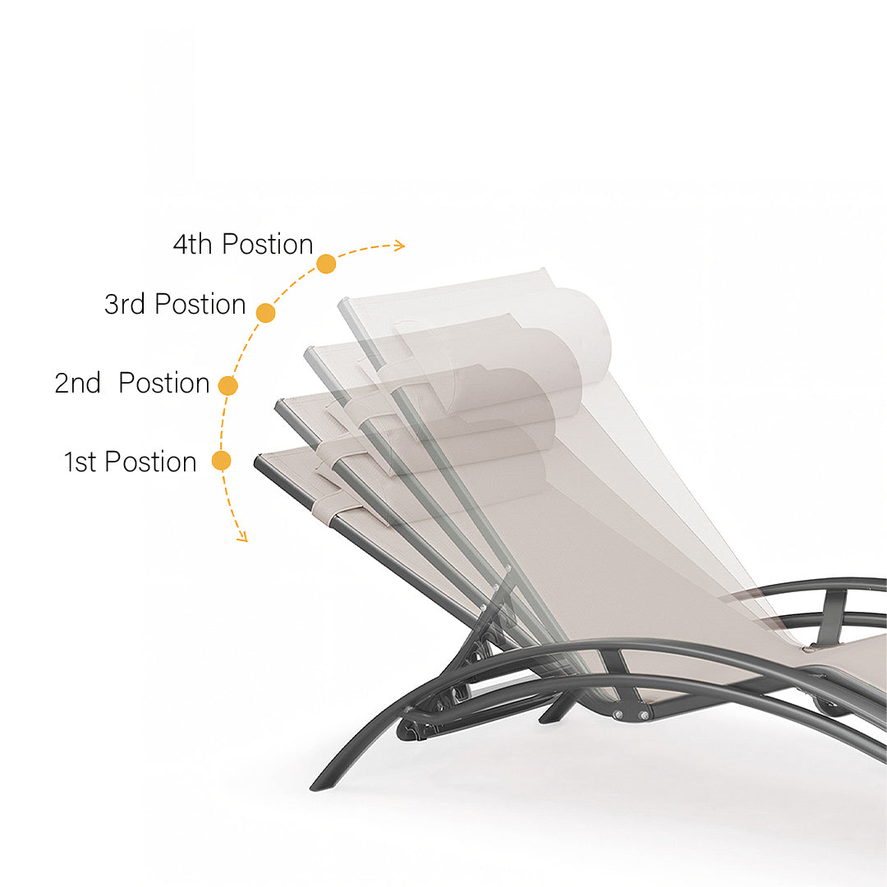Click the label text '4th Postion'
tap(242, 245)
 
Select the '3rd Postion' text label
tap(175, 305)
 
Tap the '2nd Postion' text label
tap(131, 383)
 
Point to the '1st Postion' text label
tap(130, 462)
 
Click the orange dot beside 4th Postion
tap(326, 264)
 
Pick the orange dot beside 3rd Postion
tap(265, 313)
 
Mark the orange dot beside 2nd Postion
tap(227, 386)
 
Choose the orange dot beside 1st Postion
tap(221, 461)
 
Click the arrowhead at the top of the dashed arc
tap(400, 246)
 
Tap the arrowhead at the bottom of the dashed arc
tap(242, 537)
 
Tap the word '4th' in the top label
tap(192, 245)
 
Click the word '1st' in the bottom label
tap(80, 462)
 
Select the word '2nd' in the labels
tap(77, 383)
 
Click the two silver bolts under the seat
tap(631, 715)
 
